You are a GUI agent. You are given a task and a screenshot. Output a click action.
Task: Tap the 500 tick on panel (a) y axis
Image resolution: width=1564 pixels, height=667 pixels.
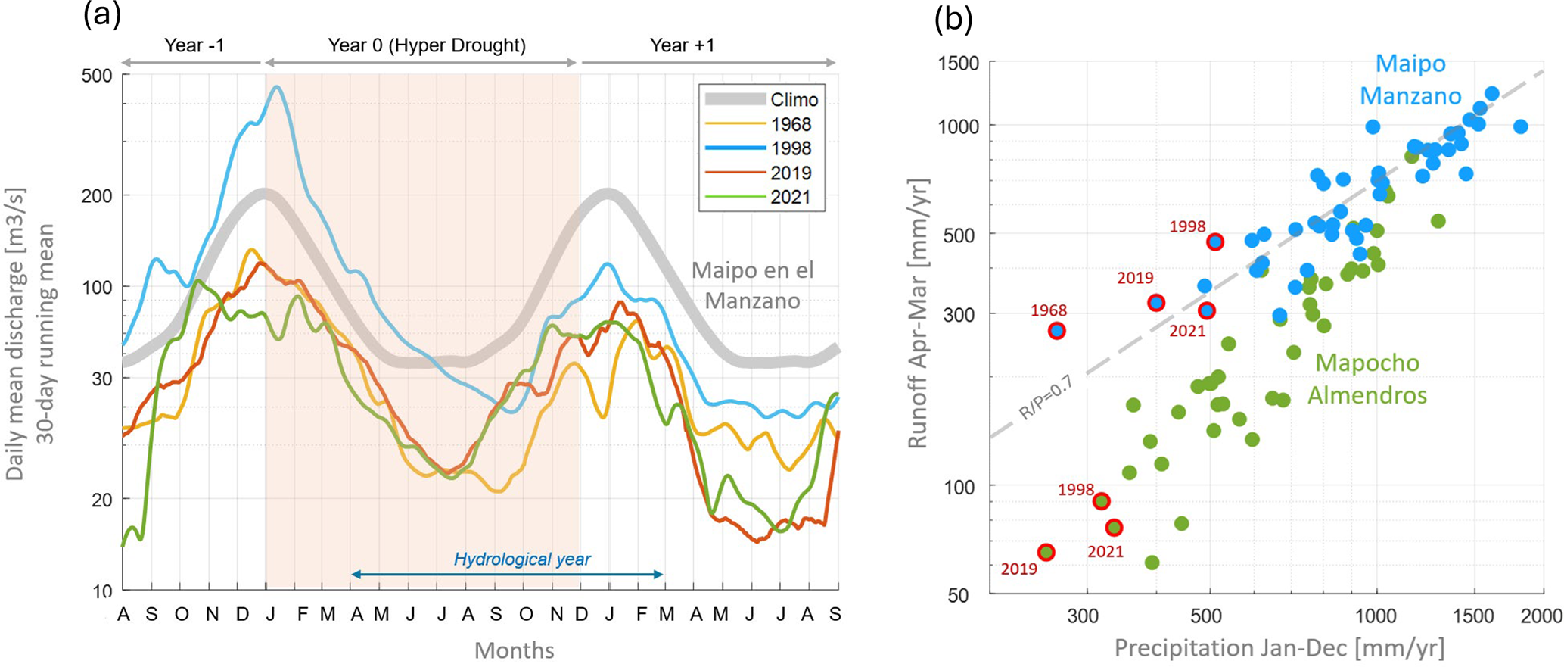pos(96,76)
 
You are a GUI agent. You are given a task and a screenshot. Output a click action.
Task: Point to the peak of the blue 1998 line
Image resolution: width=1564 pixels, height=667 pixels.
pos(277,87)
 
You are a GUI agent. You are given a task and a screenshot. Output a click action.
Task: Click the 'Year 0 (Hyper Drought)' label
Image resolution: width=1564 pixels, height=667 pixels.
pos(426,45)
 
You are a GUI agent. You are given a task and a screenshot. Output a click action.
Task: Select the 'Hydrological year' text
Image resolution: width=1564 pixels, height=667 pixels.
pos(522,559)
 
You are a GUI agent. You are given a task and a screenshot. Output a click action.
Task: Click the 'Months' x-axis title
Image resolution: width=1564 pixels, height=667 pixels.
pos(514,650)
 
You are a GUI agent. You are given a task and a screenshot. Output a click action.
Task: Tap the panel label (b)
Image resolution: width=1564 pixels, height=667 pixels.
pos(953,18)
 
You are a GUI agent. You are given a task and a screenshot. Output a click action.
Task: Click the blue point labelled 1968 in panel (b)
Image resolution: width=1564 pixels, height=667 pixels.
pos(1057,331)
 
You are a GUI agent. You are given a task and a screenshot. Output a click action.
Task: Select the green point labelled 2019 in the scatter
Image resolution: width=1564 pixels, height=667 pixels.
pos(1046,553)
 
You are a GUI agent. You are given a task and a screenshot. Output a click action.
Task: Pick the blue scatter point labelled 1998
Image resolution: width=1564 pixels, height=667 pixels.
pos(1215,242)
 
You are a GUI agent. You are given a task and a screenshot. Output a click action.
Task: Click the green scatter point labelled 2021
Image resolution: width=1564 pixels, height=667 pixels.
pos(1114,528)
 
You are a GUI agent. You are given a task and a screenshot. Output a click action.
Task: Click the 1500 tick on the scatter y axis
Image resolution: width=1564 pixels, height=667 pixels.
pos(959,63)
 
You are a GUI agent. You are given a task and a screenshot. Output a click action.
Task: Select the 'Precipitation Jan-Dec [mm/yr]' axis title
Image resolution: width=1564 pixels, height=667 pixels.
pos(1279,649)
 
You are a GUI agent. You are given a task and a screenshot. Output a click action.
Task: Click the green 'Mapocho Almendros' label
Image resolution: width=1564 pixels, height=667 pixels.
pos(1367,379)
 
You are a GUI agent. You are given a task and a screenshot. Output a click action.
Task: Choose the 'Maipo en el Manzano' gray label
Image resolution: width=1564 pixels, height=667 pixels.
pos(752,285)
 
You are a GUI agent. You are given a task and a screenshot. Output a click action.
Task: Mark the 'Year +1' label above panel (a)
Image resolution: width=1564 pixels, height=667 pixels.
pos(682,45)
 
